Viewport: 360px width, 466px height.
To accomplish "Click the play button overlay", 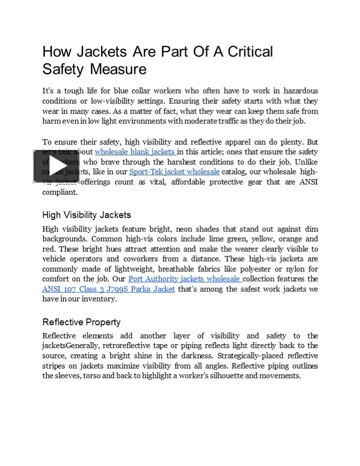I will (x=56, y=166).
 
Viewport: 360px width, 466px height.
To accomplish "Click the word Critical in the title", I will (x=248, y=51).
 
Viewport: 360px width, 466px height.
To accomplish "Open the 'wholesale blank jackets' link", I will (x=135, y=152).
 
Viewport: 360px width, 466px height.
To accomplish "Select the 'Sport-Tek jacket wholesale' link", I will (x=174, y=172).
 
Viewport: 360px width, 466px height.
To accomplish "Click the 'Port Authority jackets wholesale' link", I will (x=185, y=279).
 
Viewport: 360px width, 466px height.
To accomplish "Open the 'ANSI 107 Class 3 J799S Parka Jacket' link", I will (x=108, y=289).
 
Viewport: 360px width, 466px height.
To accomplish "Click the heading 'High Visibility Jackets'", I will (x=86, y=215).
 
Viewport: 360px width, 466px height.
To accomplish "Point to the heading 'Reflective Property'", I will (x=81, y=322).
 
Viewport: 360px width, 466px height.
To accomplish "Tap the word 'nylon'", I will (x=297, y=269).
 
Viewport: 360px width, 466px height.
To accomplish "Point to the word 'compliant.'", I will (x=60, y=192).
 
